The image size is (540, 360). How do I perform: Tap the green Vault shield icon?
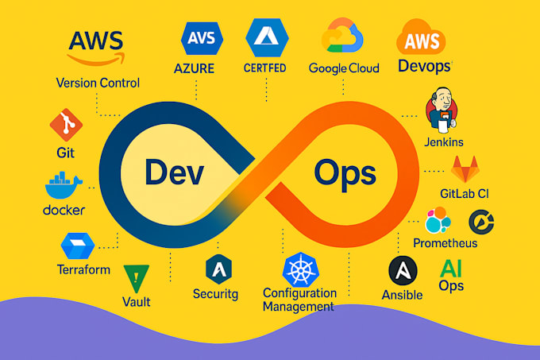(x=137, y=277)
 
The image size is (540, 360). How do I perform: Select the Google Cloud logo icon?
(x=343, y=37)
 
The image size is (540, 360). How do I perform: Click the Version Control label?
(x=98, y=83)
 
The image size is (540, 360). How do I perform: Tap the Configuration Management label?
(x=299, y=300)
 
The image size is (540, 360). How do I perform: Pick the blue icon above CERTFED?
(x=266, y=36)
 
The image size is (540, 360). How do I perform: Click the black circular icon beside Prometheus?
(x=481, y=221)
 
